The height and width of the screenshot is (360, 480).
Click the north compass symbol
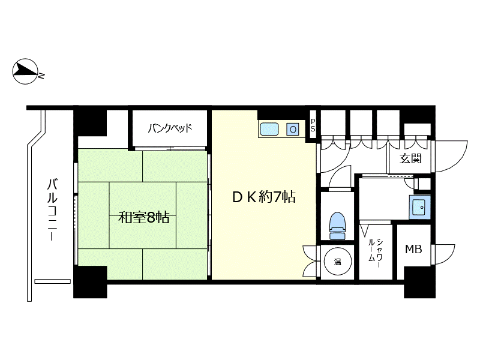(26, 71)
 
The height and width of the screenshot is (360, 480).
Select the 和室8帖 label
(143, 218)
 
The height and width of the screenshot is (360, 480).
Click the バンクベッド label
(170, 128)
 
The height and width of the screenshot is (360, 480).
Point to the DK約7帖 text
(264, 197)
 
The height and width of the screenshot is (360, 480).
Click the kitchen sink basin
(269, 129)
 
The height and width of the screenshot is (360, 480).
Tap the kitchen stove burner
(293, 129)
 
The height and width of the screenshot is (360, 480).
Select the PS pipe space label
(313, 125)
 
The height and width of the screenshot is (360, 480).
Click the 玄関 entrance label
(410, 158)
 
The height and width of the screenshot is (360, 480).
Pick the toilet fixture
(337, 226)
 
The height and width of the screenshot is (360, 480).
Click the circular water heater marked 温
(337, 262)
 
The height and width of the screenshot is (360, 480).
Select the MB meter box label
(413, 249)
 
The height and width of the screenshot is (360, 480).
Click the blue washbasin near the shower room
(419, 207)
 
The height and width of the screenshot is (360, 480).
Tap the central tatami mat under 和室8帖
(143, 215)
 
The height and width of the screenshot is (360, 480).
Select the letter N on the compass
(41, 76)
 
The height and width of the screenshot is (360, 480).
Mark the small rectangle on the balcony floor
(53, 281)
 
